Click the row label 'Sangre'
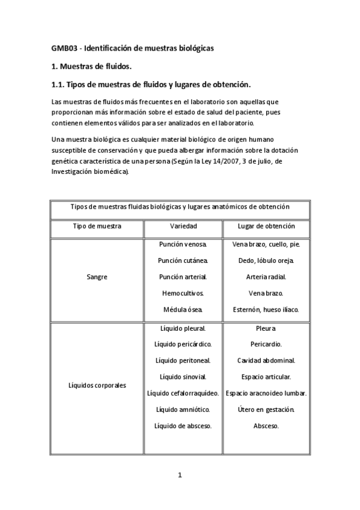point(97,278)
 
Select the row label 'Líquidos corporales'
point(97,386)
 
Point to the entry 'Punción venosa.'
point(183,245)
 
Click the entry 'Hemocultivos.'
point(183,293)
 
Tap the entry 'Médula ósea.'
point(183,310)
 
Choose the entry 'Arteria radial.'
point(266,277)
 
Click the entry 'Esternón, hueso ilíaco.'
point(266,310)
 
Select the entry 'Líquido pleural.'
point(183,328)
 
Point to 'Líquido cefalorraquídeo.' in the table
point(183,393)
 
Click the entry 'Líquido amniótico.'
point(183,410)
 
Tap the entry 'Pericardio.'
point(266,345)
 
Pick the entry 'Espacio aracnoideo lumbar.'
point(266,393)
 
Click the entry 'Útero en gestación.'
point(266,410)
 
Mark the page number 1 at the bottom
point(180,475)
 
